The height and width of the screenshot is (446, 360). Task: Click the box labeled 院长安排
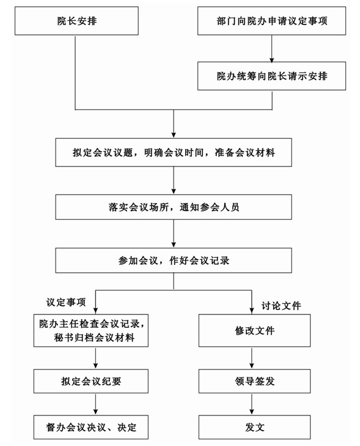click(76, 21)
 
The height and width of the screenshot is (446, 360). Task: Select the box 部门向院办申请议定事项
click(271, 21)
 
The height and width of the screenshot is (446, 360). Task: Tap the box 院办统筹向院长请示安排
click(271, 76)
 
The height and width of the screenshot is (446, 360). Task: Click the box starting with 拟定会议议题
click(174, 152)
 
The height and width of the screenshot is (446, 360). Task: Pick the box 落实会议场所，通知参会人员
click(174, 207)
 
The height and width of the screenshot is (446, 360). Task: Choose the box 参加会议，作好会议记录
click(174, 260)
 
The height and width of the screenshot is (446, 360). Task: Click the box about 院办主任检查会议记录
click(91, 330)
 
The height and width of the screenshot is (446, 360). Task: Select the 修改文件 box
click(255, 330)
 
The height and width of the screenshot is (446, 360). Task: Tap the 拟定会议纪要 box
click(91, 381)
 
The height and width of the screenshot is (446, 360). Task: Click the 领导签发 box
click(255, 381)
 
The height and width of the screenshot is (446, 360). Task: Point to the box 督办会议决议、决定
click(91, 427)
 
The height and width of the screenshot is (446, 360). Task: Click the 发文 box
click(255, 427)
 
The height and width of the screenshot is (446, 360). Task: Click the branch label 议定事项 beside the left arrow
click(66, 302)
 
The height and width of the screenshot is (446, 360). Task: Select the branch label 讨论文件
click(281, 306)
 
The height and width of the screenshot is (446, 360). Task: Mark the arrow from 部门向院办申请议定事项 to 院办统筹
click(271, 49)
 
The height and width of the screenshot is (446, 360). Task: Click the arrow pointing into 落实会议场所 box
click(174, 180)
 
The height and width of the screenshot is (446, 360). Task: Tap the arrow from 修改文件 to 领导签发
click(252, 358)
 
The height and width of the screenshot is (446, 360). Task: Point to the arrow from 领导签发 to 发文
click(252, 404)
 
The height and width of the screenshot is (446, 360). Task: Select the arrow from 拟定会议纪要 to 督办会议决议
click(95, 404)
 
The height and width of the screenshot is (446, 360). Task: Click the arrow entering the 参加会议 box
click(174, 234)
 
